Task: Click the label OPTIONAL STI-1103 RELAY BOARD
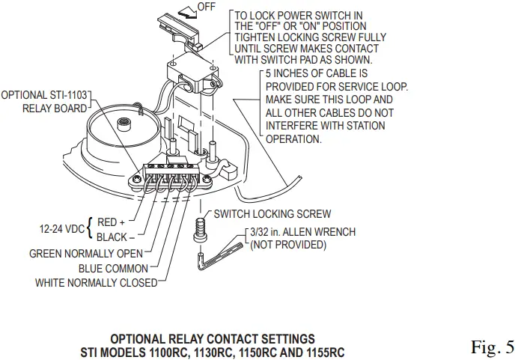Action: click(45, 102)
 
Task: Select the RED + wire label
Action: click(112, 222)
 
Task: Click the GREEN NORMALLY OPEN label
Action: click(85, 254)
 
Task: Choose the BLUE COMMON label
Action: click(113, 268)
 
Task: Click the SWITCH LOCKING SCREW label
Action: click(272, 214)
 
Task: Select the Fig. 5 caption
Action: click(493, 347)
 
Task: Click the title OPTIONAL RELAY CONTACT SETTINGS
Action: click(213, 339)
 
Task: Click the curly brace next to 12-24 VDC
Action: click(90, 229)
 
